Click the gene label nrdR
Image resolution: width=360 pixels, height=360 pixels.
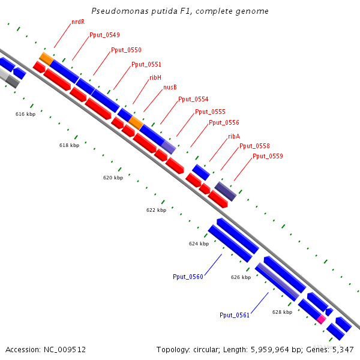[77, 22]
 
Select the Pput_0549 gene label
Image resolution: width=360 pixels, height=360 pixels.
[104, 35]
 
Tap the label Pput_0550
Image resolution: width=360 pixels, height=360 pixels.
[126, 50]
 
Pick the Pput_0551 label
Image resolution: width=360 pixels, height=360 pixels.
[146, 64]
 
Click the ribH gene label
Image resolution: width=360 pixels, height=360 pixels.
[155, 77]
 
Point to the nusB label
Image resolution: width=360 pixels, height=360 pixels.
[170, 88]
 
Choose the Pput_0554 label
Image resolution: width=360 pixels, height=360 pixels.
[193, 99]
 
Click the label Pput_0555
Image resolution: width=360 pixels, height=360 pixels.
[210, 112]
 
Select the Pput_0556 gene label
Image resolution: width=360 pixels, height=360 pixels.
[224, 123]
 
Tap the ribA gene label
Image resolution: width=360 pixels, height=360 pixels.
[234, 136]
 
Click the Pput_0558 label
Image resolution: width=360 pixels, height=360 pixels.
[254, 146]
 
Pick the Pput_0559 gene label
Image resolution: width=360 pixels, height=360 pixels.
[268, 156]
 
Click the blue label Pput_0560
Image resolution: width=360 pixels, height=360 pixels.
[188, 277]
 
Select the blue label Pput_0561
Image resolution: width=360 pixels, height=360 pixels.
[235, 315]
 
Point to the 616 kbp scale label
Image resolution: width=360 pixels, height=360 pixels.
[25, 114]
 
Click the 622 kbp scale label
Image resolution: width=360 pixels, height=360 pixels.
[156, 211]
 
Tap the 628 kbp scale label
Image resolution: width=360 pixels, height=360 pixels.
[282, 312]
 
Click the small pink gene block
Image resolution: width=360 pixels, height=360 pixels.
[322, 319]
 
